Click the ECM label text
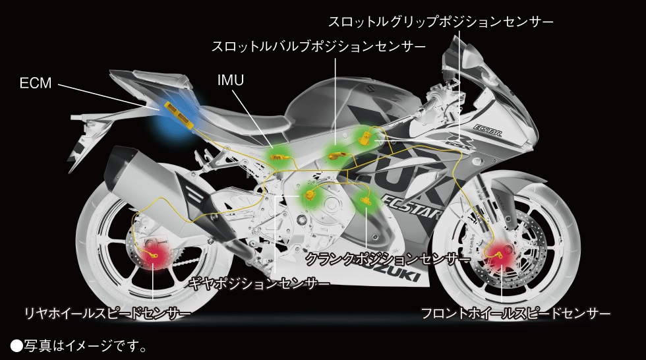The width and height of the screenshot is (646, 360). [x=35, y=83]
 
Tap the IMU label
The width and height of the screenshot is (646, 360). [x=231, y=80]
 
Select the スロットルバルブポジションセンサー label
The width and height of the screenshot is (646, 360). [x=318, y=47]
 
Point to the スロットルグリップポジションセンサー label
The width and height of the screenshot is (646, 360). [x=440, y=22]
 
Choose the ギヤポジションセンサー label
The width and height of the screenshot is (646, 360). [x=258, y=284]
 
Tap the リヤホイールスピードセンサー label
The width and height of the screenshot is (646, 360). [x=107, y=313]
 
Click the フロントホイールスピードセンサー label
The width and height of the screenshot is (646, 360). [x=516, y=313]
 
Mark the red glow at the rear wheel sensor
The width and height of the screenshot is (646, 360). [x=156, y=257]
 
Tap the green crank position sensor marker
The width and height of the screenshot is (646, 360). [x=366, y=200]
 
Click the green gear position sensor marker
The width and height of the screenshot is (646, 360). [x=310, y=196]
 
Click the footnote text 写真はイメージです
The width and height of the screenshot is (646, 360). [x=78, y=345]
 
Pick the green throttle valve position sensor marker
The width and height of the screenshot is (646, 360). [x=336, y=154]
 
